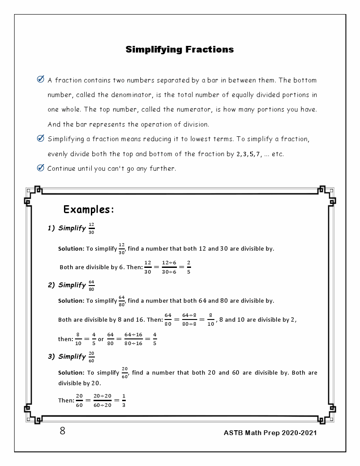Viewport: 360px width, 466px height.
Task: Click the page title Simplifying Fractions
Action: tap(180, 49)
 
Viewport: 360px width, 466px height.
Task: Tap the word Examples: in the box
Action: tap(89, 210)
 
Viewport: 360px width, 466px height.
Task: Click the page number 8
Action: tap(63, 431)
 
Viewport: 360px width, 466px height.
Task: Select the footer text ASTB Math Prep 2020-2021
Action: tap(270, 433)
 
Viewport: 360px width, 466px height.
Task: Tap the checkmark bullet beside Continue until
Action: tap(41, 168)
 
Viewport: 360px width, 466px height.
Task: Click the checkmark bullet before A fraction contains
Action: tap(41, 80)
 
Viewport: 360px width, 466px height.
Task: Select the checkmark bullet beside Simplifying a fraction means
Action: tap(41, 139)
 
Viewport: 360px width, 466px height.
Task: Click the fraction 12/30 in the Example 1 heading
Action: tap(91, 229)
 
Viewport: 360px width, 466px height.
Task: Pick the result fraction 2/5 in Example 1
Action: tap(188, 267)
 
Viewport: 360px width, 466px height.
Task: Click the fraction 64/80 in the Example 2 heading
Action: tap(91, 286)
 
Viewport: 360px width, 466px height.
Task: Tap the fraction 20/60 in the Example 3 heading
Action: tap(91, 357)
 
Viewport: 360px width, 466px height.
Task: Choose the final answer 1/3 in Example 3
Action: tap(124, 401)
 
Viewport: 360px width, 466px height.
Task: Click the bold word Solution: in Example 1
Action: tap(71, 249)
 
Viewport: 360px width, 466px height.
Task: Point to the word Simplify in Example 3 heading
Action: tap(72, 357)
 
